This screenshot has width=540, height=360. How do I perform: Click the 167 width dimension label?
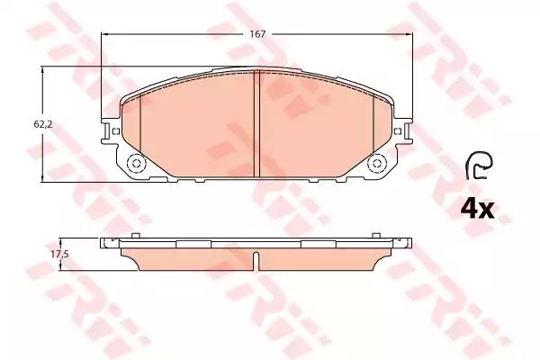click(258, 34)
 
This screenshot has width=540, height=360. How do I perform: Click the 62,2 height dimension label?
click(42, 125)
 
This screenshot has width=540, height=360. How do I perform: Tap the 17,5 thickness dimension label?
click(60, 255)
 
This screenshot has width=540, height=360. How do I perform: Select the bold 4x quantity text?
click(478, 208)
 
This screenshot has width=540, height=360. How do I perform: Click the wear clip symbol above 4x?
click(479, 166)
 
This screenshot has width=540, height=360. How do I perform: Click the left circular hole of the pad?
click(135, 163)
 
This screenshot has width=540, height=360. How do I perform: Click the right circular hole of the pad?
click(377, 163)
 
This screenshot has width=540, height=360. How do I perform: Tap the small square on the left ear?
click(116, 130)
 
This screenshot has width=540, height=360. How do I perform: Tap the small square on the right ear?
click(397, 130)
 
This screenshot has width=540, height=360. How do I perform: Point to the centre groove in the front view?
click(256, 124)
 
